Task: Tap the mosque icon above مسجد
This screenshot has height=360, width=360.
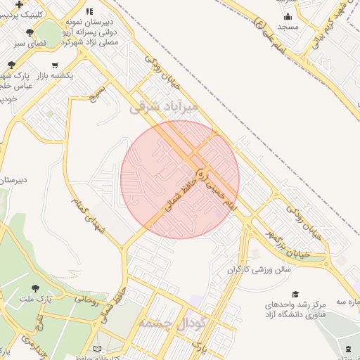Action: [x=288, y=17]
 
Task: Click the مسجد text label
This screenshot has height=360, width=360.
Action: [x=288, y=27]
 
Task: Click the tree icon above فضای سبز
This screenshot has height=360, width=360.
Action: [x=30, y=32]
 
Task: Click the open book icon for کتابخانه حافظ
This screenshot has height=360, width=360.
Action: [x=97, y=349]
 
